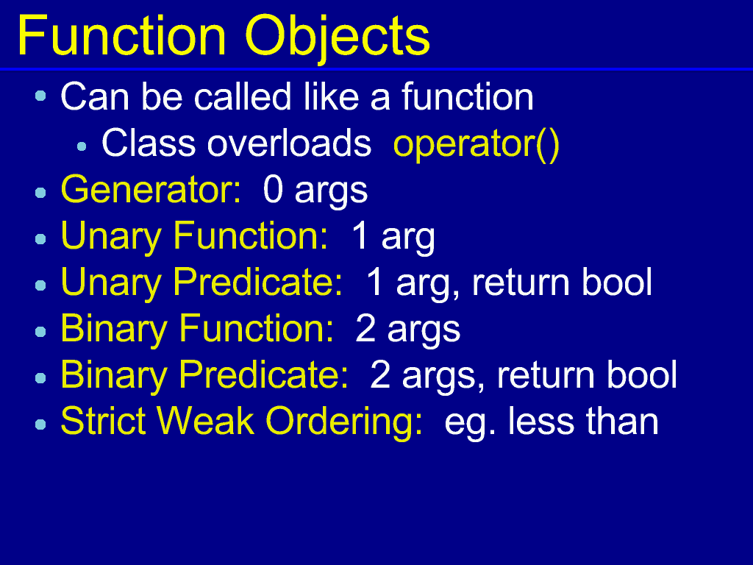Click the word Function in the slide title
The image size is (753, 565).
pyautogui.click(x=122, y=36)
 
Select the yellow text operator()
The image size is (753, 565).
pyautogui.click(x=477, y=144)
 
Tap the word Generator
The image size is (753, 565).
pyautogui.click(x=151, y=190)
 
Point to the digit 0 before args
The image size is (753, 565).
pyautogui.click(x=273, y=190)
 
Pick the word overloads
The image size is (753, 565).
pyautogui.click(x=289, y=143)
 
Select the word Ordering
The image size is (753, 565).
pyautogui.click(x=344, y=422)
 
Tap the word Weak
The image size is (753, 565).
pyautogui.click(x=205, y=421)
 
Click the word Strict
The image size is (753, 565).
pyautogui.click(x=103, y=421)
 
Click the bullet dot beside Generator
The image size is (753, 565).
pyautogui.click(x=41, y=193)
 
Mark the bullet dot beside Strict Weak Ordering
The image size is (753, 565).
pyautogui.click(x=41, y=424)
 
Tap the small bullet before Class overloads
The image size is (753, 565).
pyautogui.click(x=82, y=146)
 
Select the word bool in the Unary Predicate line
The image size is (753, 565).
pyautogui.click(x=617, y=282)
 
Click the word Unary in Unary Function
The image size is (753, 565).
pyautogui.click(x=111, y=236)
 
